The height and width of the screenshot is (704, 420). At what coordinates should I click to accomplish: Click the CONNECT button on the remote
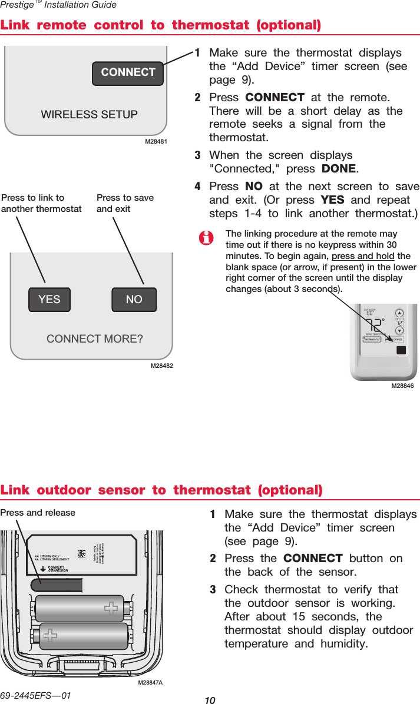[x=128, y=73]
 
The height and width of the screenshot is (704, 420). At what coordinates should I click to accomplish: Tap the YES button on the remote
[x=49, y=299]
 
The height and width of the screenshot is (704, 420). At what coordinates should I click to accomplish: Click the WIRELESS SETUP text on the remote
[x=90, y=114]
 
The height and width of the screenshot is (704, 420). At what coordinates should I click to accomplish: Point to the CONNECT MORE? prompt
[x=95, y=339]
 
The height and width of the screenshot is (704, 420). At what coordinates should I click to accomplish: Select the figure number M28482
[x=163, y=366]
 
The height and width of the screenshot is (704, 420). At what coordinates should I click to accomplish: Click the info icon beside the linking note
[x=206, y=238]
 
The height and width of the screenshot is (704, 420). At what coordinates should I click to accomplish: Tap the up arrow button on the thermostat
[x=399, y=313]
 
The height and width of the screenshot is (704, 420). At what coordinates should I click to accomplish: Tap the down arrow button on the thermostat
[x=399, y=330]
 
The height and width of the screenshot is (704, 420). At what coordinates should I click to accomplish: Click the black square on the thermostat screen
[x=401, y=350]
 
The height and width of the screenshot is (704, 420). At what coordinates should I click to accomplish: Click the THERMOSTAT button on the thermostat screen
[x=373, y=340]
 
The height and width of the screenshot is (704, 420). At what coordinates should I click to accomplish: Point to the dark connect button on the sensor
[x=57, y=585]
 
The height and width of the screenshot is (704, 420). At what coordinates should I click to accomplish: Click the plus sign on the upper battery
[x=110, y=608]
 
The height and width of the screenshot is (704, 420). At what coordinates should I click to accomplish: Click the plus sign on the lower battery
[x=50, y=636]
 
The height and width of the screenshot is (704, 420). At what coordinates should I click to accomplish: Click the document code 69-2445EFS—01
[x=35, y=695]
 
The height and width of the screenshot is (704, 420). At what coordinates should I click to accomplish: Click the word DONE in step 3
[x=339, y=169]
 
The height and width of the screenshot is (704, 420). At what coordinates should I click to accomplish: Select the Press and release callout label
[x=38, y=513]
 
